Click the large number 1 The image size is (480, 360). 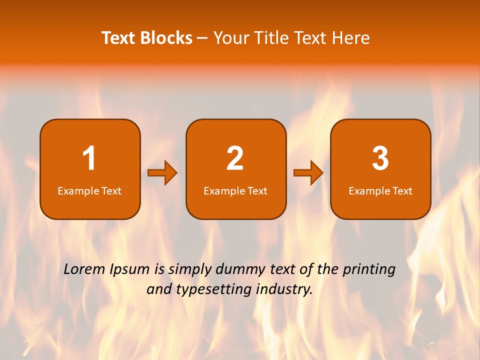pos(89,159)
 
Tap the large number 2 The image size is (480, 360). pos(235,159)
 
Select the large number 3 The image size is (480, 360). pos(380,159)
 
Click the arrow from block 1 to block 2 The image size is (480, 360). pos(163,173)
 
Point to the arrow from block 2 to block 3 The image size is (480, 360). pos(308,173)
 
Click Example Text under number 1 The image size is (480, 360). pos(89,191)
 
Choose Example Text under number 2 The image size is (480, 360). pos(235,191)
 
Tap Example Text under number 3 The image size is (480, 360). pos(380,191)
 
